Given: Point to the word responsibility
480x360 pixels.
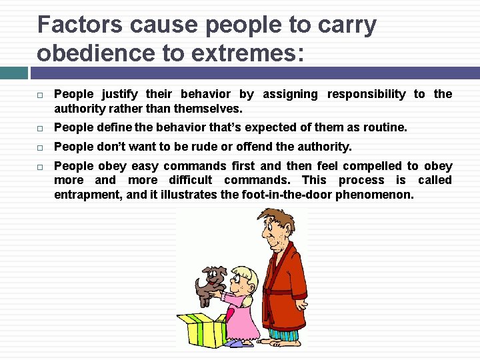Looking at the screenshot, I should [366, 94].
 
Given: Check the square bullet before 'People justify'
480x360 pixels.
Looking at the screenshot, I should [41, 95].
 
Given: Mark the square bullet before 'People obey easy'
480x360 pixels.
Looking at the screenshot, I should [41, 166].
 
